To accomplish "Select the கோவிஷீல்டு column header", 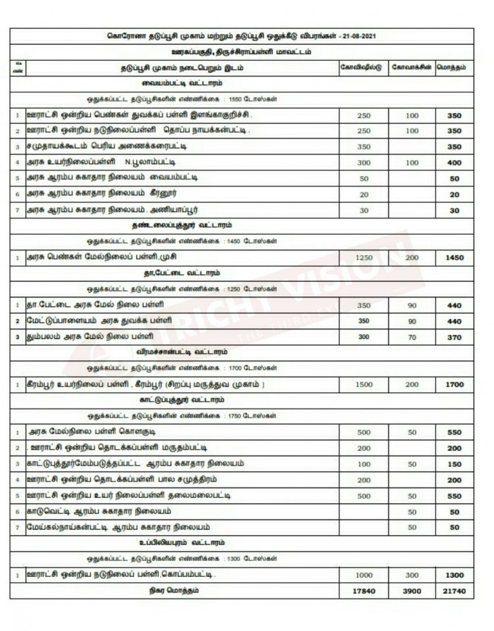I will [x=360, y=67].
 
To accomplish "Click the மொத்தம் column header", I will [x=453, y=67].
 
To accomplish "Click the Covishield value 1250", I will [x=364, y=256].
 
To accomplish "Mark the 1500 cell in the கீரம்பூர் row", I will [x=364, y=383].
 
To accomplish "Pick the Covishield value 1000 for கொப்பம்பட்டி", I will [x=364, y=574].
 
